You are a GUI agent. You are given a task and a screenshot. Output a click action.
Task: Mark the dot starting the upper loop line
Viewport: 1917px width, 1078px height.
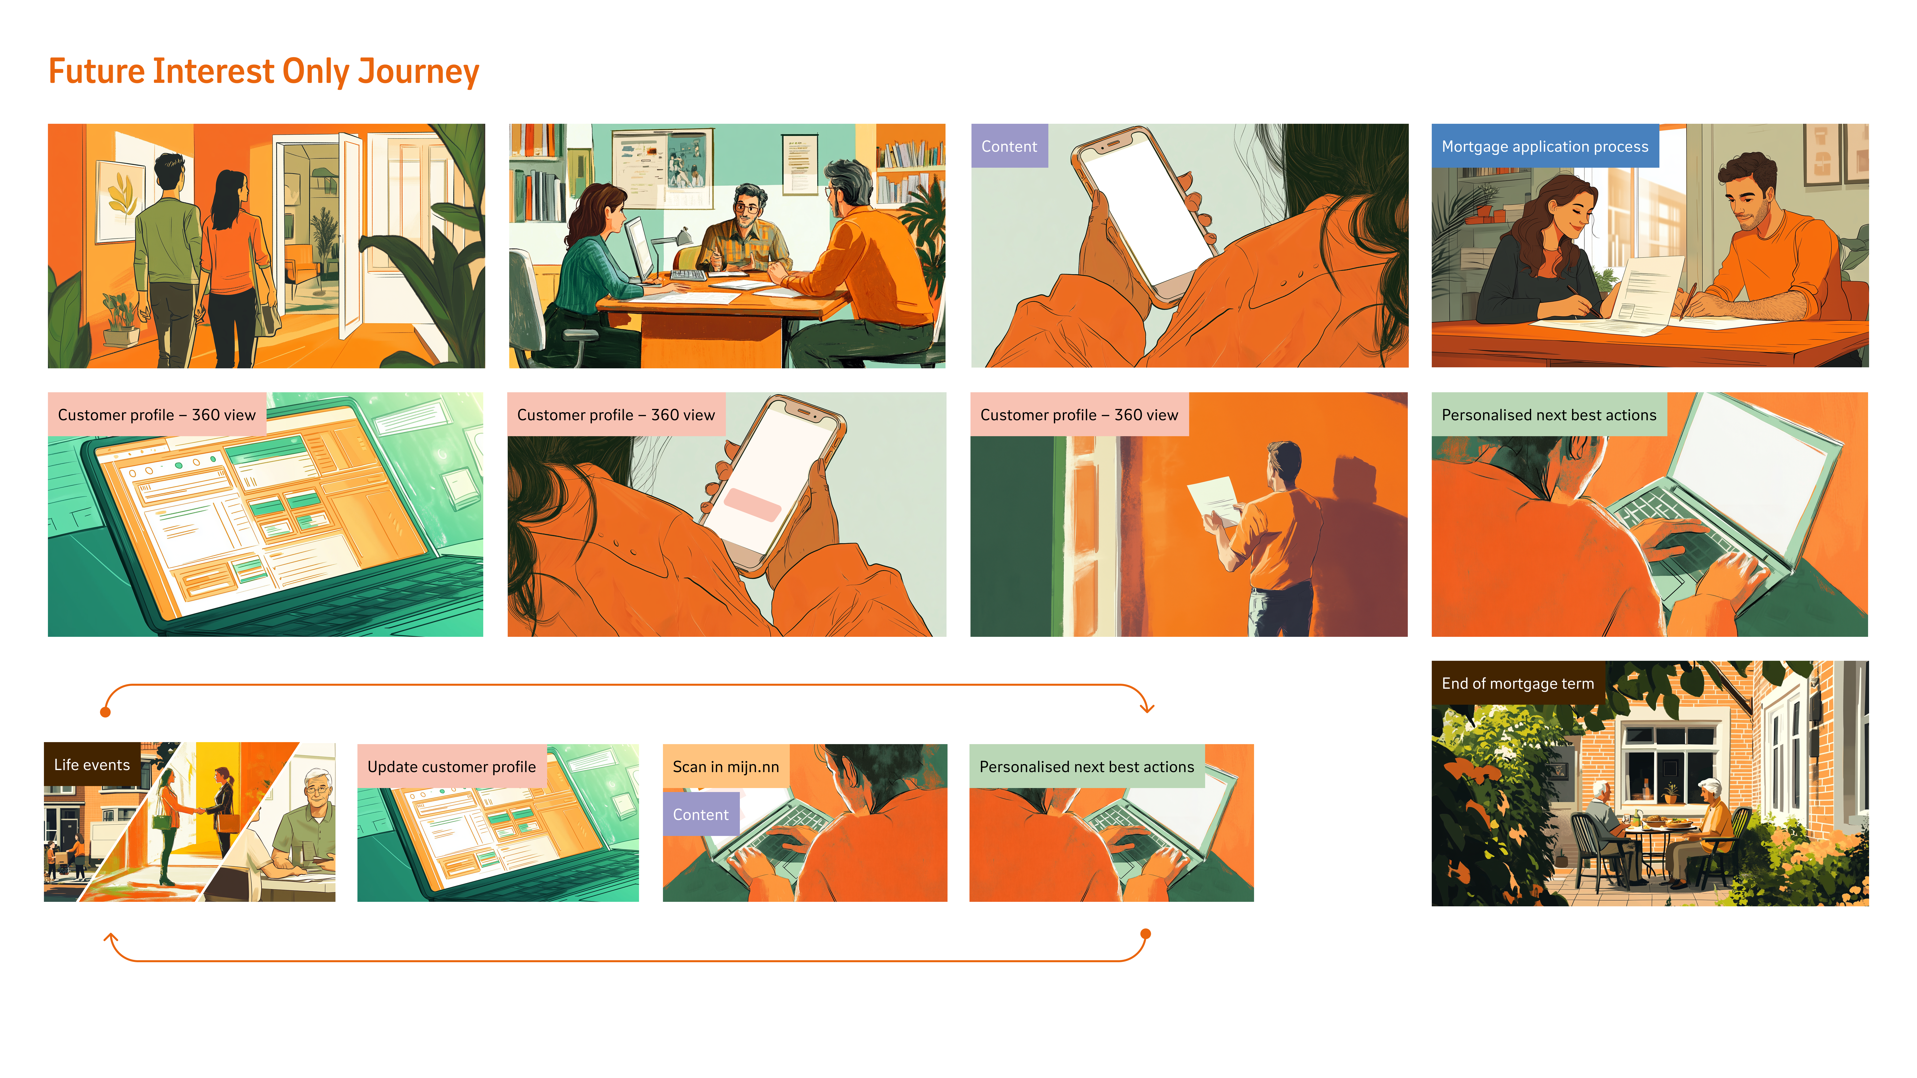(x=106, y=712)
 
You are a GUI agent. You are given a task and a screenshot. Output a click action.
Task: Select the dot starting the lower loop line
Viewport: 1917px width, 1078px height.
(x=1146, y=934)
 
